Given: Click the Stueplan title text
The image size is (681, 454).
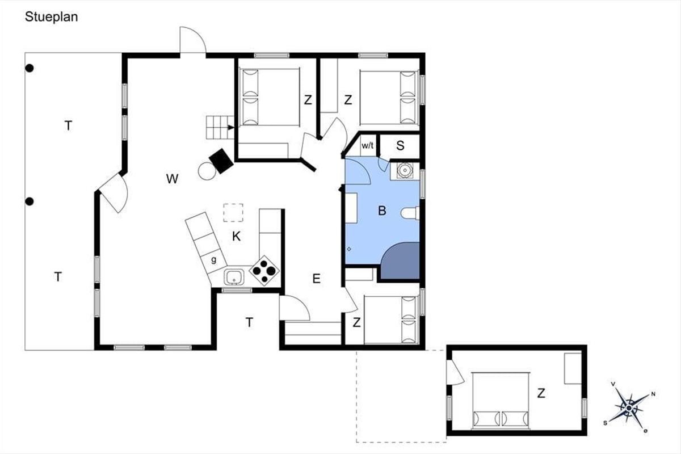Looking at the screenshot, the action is click(52, 17).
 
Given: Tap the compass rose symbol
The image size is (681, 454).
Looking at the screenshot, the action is click(629, 407).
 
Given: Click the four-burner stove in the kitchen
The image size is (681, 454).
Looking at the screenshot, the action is click(264, 270).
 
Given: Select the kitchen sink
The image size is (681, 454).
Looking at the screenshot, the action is click(234, 277).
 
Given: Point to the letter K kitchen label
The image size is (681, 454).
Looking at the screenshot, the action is click(236, 236).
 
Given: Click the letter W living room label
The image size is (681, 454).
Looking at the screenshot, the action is click(172, 179).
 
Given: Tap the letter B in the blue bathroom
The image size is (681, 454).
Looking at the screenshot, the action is click(382, 211).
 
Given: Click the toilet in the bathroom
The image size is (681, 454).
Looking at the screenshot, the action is click(410, 213).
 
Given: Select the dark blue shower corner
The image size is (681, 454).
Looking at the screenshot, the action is click(401, 260).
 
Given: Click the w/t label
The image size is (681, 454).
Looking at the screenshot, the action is click(367, 145).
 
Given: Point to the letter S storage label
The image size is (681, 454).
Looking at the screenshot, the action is click(400, 146).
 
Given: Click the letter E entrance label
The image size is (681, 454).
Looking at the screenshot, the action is click(316, 279).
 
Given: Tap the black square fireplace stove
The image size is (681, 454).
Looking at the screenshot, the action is click(221, 161).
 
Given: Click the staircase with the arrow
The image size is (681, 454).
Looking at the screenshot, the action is click(220, 127).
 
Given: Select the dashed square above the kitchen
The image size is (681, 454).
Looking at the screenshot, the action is click(233, 213).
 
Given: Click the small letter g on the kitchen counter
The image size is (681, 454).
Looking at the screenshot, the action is click(214, 260).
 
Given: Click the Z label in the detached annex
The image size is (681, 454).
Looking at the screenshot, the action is click(541, 393).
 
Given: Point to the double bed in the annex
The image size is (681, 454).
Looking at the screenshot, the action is click(501, 401).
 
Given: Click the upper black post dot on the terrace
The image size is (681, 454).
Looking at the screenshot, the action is click(30, 69).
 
